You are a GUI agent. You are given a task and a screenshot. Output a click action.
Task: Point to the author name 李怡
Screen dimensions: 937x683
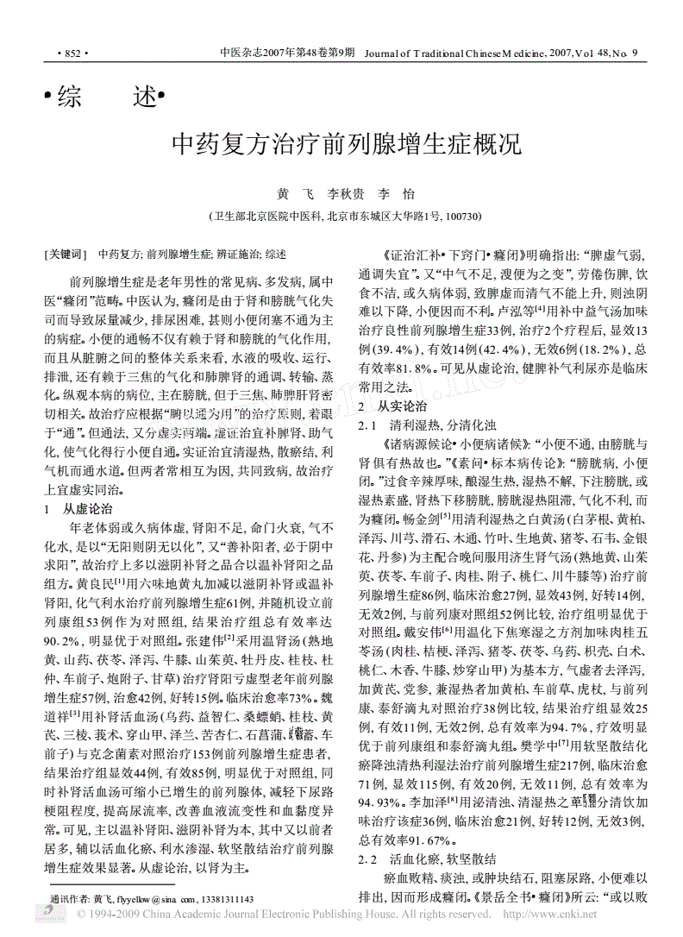[394, 195]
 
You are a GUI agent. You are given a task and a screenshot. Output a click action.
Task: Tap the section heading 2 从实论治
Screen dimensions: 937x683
[392, 405]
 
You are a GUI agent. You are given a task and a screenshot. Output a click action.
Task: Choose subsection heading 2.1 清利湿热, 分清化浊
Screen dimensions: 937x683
[426, 426]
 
